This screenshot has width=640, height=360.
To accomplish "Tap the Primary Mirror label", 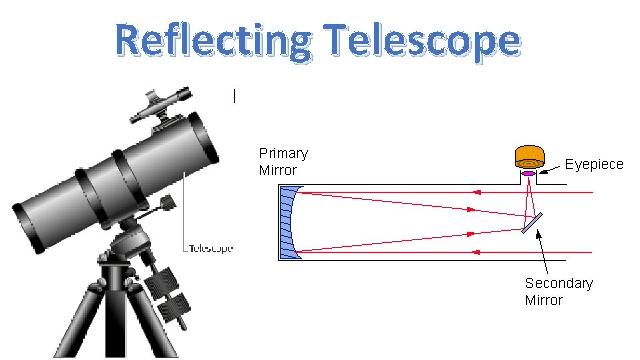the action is coord(283,161).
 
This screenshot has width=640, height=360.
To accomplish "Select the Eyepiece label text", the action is coord(594,165).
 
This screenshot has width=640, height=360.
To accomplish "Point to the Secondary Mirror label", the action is coord(559,291).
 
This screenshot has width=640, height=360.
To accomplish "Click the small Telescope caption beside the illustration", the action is coord(211,249).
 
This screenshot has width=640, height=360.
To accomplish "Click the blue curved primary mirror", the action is coord(288,222).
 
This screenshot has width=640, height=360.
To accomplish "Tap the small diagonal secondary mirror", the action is coord(531,223).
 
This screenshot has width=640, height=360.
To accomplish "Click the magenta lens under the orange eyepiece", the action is coord(529,174).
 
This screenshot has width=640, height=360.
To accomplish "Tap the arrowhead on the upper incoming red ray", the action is coord(476,192).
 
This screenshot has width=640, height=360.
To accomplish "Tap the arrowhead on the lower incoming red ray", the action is coord(476,253).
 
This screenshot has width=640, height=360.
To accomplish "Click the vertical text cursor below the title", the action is coord(235,96).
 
